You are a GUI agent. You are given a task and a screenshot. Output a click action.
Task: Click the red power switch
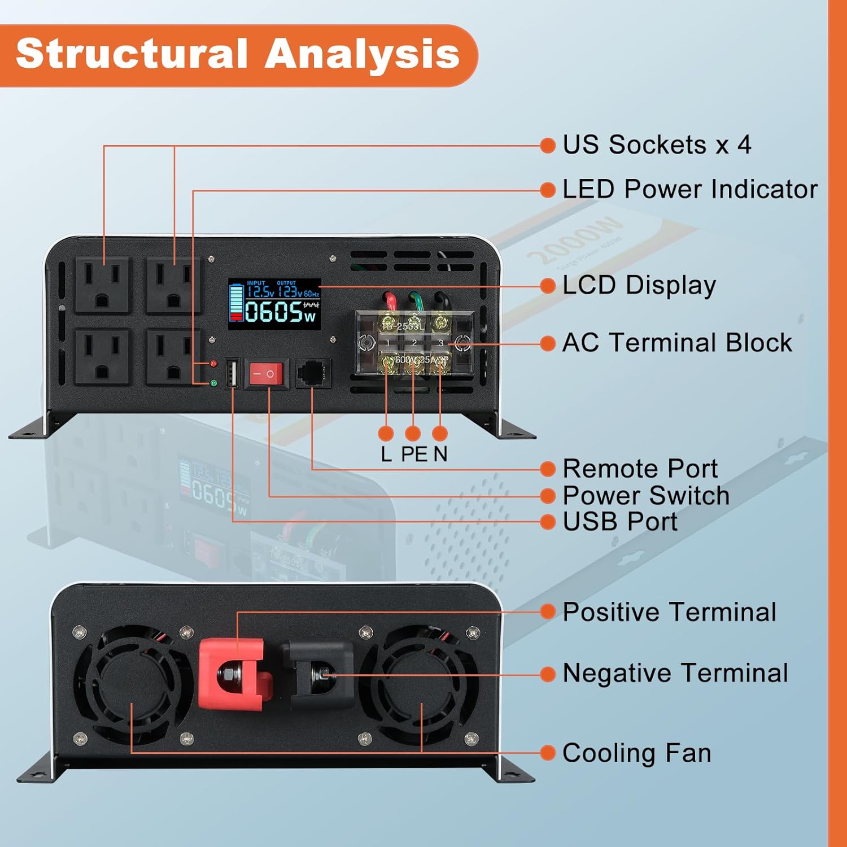(266, 374)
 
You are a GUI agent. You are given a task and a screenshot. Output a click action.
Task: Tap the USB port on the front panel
(232, 374)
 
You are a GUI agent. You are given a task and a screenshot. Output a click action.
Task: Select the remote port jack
(313, 373)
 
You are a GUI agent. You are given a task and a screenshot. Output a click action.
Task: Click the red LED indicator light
(213, 364)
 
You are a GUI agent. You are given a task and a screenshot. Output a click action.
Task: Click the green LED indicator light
(213, 383)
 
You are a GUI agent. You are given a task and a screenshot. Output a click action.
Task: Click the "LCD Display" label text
(639, 286)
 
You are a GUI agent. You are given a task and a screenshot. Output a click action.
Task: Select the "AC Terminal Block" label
(677, 343)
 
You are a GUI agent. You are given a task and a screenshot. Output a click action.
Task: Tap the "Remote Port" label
(640, 469)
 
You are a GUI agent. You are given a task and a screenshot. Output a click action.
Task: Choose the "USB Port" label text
(619, 522)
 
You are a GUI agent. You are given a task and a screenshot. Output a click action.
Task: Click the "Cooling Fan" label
(636, 753)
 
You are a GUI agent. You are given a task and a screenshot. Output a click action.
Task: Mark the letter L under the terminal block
(386, 454)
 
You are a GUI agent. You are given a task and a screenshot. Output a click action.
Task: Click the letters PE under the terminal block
(414, 454)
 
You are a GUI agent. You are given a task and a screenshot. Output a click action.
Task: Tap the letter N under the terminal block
(440, 454)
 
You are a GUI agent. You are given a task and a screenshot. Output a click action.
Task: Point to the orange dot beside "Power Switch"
(548, 496)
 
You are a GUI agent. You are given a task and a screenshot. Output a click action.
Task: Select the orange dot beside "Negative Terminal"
(548, 674)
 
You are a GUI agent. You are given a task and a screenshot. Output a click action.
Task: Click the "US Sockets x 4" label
(657, 145)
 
